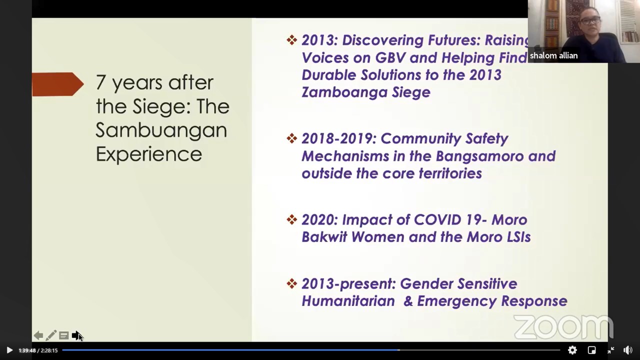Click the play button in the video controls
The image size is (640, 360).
9,350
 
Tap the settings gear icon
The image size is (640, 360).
572,350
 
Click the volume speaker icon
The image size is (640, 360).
627,350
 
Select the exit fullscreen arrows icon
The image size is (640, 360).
610,350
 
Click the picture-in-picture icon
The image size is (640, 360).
591,350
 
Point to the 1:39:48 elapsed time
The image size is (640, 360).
27,350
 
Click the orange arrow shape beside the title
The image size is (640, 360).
57,84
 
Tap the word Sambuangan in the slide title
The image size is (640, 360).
161,130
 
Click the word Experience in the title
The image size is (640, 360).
149,154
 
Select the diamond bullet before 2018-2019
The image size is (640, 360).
291,138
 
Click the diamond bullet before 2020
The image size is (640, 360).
291,219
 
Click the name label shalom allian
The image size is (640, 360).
553,55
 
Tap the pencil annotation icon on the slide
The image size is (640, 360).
51,335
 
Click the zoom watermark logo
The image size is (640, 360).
563,327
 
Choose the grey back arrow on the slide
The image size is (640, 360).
38,335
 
